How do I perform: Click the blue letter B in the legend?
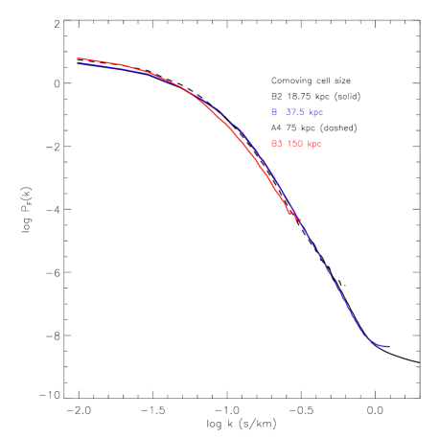pos(274,112)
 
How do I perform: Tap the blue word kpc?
pos(315,112)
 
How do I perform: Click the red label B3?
pos(276,144)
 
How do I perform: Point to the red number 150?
pos(295,144)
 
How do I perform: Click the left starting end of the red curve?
pos(78,58)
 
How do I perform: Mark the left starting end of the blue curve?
pos(78,63)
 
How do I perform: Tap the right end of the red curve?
pos(300,220)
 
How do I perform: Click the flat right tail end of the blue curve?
pos(388,346)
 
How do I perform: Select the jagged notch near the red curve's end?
pos(290,213)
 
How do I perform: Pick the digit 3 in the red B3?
pos(279,144)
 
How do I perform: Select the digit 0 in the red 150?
pos(300,144)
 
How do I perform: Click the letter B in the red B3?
pos(274,144)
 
